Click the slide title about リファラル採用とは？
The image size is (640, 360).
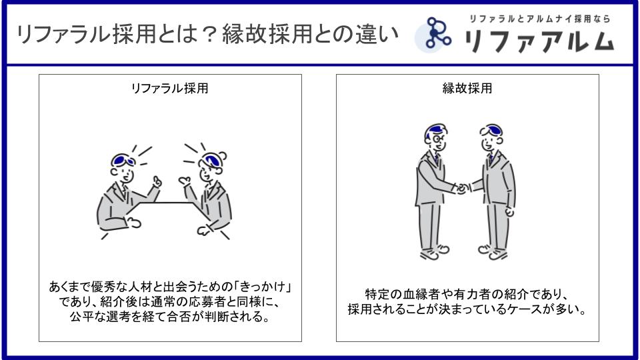click(x=207, y=34)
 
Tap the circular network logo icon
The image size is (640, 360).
click(x=433, y=35)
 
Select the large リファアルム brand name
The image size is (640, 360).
click(x=539, y=41)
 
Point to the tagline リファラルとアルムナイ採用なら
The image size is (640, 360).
click(x=539, y=19)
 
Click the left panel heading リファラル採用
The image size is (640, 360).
click(x=169, y=88)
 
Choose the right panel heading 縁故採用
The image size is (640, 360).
click(x=467, y=88)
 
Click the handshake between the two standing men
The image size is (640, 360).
click(x=463, y=189)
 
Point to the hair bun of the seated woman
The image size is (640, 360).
click(x=223, y=155)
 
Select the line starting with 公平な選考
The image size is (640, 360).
click(x=169, y=317)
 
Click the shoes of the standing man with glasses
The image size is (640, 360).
click(x=434, y=252)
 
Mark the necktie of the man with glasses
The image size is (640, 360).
click(x=436, y=157)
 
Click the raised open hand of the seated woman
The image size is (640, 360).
click(x=185, y=181)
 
